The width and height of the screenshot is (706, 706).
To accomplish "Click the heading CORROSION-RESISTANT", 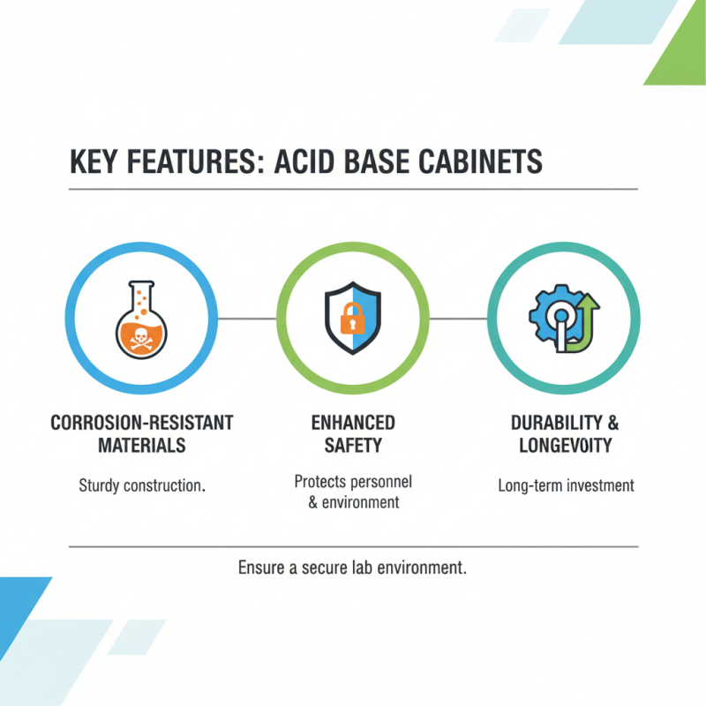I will coord(142,422).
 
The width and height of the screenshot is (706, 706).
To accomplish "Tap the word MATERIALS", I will coord(142,445).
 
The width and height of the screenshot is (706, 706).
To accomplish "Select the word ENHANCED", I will coord(353,422).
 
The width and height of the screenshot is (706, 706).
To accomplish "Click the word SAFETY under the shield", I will coord(353,445).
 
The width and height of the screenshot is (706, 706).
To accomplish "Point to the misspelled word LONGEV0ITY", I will coord(566,445).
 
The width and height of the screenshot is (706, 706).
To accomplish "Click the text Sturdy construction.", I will coord(142,485).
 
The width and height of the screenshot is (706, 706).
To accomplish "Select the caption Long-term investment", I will coord(566,485).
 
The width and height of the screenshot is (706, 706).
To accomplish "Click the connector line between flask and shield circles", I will coord(247,319).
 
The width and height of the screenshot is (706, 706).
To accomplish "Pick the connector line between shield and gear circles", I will coord(458,319).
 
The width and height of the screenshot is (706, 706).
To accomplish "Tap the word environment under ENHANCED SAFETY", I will coord(360,502).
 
